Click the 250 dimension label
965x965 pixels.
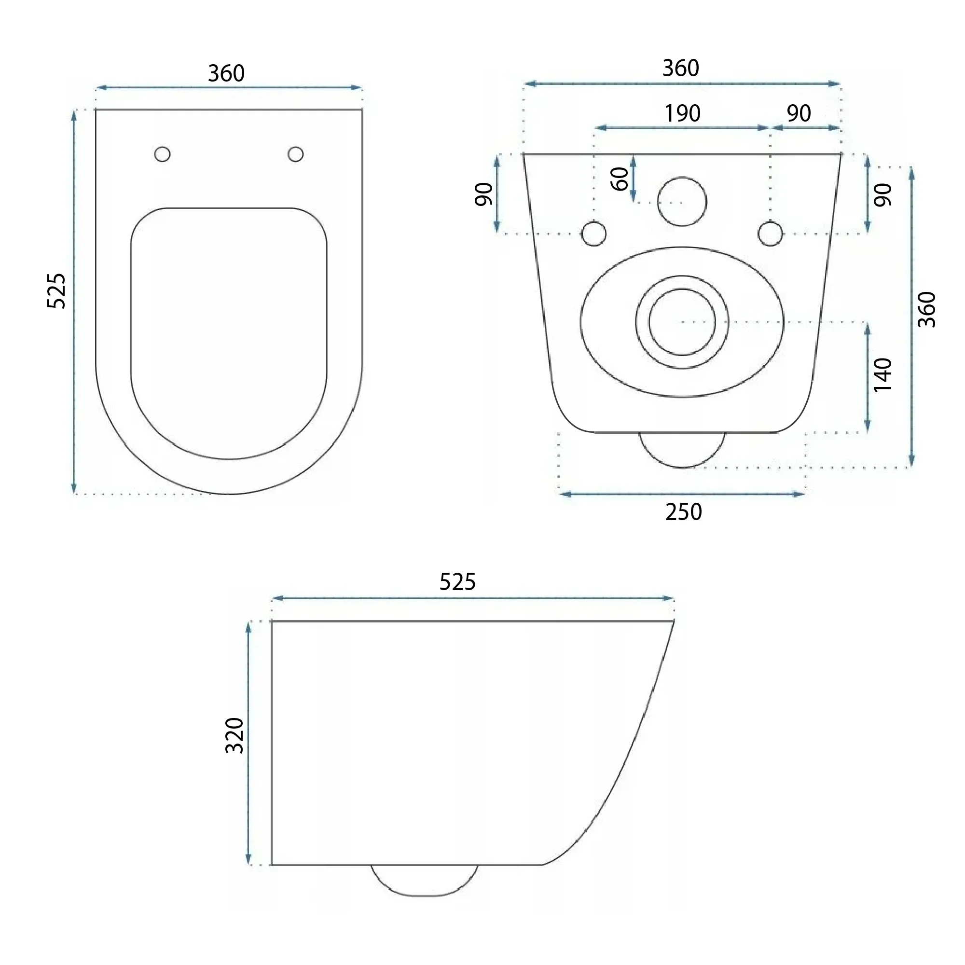click(683, 512)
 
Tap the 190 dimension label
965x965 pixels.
click(682, 114)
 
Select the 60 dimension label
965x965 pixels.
click(620, 179)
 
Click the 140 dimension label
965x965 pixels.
click(882, 374)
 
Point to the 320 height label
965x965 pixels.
click(235, 736)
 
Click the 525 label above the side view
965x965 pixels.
click(457, 582)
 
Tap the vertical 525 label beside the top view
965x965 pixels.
click(56, 290)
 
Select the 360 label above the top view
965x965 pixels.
click(226, 74)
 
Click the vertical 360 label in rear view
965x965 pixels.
click(927, 310)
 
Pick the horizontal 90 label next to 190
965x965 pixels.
click(799, 114)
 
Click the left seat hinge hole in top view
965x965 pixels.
click(162, 154)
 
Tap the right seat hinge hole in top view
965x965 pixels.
click(296, 154)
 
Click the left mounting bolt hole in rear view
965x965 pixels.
click(594, 234)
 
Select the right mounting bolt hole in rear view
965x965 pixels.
click(770, 234)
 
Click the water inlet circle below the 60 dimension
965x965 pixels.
click(682, 202)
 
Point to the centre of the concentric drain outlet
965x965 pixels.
click(682, 322)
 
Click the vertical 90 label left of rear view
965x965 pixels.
click(484, 194)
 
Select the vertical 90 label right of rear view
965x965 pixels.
click(882, 195)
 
